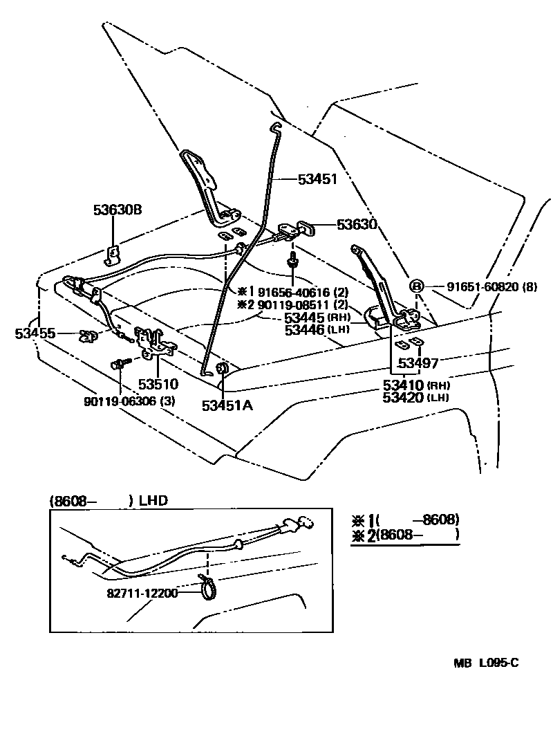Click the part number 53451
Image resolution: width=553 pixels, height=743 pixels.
pyautogui.click(x=317, y=179)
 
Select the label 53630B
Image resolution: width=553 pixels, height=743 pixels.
pyautogui.click(x=118, y=210)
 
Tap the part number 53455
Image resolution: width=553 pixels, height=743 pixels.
pyautogui.click(x=35, y=333)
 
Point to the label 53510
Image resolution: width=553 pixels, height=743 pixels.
pyautogui.click(x=158, y=384)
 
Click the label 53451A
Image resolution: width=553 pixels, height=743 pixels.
pyautogui.click(x=227, y=405)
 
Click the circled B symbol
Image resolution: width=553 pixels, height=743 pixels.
pyautogui.click(x=416, y=286)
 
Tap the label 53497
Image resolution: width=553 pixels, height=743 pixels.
pyautogui.click(x=418, y=363)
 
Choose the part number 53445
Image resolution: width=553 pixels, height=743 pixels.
pyautogui.click(x=304, y=318)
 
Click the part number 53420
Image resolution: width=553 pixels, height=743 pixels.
pyautogui.click(x=403, y=398)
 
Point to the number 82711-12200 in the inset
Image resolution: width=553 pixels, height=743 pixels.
pyautogui.click(x=142, y=594)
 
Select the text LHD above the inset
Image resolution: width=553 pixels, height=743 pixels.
pyautogui.click(x=153, y=500)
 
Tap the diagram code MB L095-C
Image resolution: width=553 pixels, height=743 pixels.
pyautogui.click(x=486, y=663)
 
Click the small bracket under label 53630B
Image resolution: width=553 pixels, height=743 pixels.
pyautogui.click(x=112, y=255)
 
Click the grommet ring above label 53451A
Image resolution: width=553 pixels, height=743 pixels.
pyautogui.click(x=222, y=369)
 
